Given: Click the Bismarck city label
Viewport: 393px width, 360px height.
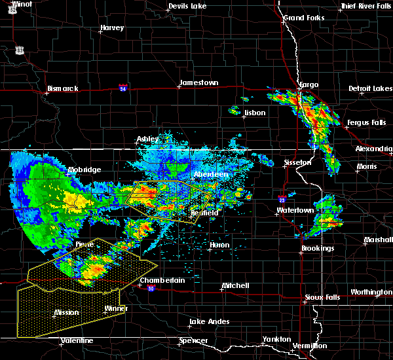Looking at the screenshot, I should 63,88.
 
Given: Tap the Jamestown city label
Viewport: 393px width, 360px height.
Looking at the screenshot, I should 198,83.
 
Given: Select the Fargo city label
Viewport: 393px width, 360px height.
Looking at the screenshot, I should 309,85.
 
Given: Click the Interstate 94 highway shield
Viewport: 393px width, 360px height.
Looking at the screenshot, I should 122,87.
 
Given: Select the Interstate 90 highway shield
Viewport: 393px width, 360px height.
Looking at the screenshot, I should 151,289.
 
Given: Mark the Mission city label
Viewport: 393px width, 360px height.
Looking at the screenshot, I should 67,312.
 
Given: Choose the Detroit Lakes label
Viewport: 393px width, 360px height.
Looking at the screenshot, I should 370,88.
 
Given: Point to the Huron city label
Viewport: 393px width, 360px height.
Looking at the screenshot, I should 219,245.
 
